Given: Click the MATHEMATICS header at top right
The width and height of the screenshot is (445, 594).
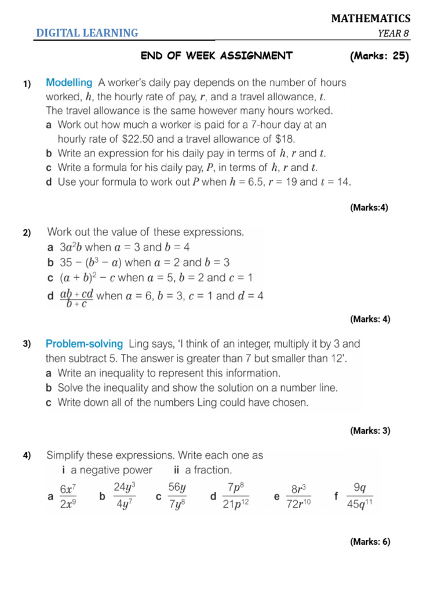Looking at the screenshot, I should (370, 19).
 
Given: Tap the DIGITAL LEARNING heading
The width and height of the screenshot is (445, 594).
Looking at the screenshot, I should (87, 33).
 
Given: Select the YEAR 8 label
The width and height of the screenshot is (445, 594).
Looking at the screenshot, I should (393, 33).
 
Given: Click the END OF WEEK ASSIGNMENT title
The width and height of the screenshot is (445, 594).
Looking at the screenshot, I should (217, 56).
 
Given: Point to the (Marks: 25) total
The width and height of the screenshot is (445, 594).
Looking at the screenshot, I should (380, 56).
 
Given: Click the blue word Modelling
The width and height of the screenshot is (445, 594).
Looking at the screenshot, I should (69, 83).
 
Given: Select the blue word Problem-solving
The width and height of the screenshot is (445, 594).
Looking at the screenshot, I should (85, 343).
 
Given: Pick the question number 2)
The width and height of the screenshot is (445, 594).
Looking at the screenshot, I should (27, 233).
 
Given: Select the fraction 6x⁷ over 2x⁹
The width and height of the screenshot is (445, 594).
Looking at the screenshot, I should (68, 497).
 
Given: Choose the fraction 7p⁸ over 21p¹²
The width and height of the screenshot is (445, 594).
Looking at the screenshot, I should (236, 497).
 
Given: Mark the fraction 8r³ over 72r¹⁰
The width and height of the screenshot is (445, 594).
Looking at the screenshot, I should (300, 497).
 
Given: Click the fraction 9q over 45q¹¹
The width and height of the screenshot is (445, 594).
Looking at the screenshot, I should (359, 497).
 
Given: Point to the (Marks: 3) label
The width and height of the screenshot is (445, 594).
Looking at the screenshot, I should (370, 430).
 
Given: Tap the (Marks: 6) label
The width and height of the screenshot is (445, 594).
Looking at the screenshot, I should (370, 542).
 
